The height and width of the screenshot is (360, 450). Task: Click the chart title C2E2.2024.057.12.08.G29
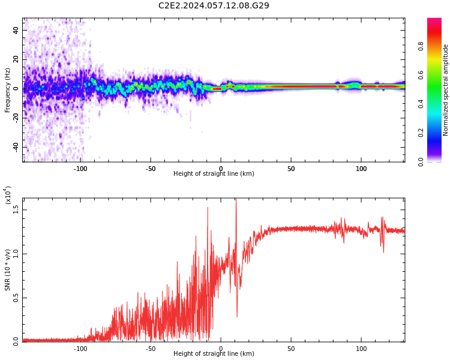[214, 6]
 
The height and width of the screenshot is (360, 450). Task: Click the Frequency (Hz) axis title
[8, 90]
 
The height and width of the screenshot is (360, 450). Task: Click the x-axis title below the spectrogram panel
[214, 174]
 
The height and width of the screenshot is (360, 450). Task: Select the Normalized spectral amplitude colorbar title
[446, 90]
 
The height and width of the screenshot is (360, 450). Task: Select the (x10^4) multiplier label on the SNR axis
[8, 195]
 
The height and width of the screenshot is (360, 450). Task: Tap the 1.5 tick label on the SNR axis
[16, 209]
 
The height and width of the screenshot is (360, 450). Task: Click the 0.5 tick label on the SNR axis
[16, 298]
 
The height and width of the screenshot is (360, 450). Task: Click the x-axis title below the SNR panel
[214, 354]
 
